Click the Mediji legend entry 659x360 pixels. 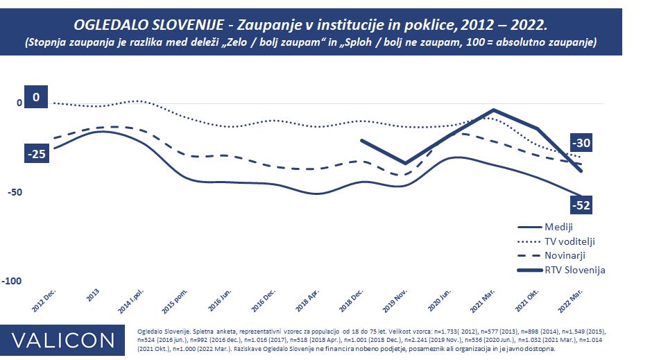coord(558,227)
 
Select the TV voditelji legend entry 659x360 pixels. coord(570,241)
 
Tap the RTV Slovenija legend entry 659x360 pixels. coord(575,270)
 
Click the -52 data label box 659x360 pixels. coord(582,205)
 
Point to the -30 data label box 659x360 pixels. coord(582,143)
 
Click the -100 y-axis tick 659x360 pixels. coord(12,281)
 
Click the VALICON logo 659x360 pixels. coord(64,340)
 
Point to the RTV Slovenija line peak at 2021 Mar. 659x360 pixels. coord(493,110)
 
